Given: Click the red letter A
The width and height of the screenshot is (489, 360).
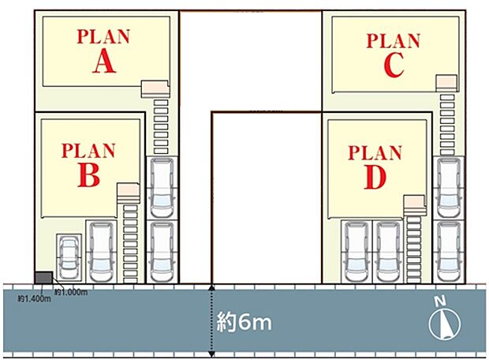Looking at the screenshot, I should click(x=103, y=62).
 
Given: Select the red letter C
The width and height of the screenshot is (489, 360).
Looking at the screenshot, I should click(x=393, y=66).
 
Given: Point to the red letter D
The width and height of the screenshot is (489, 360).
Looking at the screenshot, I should click(x=375, y=178).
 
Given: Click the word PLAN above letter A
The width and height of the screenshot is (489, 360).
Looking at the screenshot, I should click(x=103, y=36).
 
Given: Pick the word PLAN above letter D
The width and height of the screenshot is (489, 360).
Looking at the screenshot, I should click(x=375, y=152).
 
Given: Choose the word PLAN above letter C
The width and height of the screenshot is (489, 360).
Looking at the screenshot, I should click(x=394, y=39).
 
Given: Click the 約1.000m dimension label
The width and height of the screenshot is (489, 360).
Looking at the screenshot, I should click(x=71, y=291).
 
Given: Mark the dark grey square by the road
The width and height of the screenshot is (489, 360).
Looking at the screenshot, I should click(x=43, y=276).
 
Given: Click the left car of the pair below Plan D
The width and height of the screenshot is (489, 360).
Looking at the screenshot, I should click(x=354, y=251).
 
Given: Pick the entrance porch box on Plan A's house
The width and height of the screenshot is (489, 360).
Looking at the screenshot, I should click(x=155, y=88).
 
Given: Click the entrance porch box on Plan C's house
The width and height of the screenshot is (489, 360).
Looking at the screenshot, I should click(x=446, y=81).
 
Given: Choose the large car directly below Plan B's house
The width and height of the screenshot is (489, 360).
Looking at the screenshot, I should click(x=102, y=251).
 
